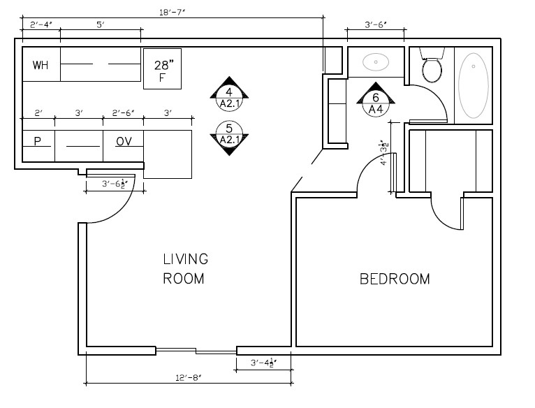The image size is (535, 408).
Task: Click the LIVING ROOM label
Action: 185,269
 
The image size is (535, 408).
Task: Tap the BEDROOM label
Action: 395,279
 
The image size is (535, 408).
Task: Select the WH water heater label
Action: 41,66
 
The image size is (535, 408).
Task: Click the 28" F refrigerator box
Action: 162,68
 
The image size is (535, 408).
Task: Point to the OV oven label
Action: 124,141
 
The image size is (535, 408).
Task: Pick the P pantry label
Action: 38,141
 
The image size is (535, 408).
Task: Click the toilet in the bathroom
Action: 432,68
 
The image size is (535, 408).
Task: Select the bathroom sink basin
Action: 376,62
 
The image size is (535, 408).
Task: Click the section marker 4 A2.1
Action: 229,97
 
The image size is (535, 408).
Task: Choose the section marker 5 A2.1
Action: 229,134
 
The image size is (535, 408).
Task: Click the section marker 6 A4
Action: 376,103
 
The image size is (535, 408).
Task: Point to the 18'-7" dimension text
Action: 173,11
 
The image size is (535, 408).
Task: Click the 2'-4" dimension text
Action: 41,25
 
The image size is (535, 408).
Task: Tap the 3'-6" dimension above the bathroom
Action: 376,25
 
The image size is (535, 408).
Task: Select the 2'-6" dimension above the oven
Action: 123,113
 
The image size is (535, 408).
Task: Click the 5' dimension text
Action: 101,25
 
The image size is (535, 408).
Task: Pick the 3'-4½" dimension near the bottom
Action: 264,363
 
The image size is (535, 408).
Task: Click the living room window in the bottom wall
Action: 196,350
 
